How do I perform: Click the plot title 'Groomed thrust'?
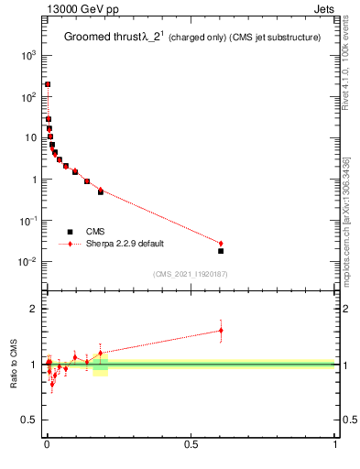pos(102,37)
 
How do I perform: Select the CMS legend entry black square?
pos(70,232)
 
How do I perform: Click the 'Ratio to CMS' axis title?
pos(14,364)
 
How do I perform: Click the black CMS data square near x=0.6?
pos(221,251)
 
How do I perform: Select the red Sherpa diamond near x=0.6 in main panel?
pos(221,244)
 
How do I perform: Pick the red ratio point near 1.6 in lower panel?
pos(221,331)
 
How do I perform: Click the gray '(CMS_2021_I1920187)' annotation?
pos(190,274)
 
